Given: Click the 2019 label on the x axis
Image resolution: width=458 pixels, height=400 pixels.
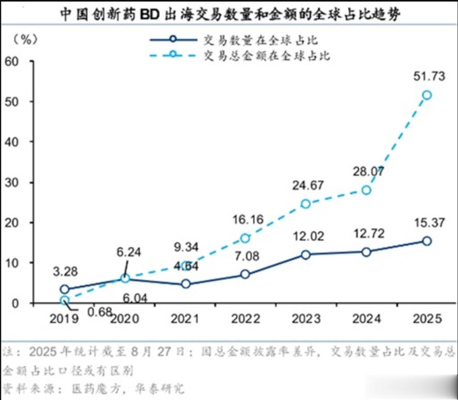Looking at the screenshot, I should [x=64, y=318].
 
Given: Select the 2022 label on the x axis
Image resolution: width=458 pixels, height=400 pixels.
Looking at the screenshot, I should [x=245, y=318].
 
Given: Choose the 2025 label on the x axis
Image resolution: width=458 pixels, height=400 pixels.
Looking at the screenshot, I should [x=426, y=318].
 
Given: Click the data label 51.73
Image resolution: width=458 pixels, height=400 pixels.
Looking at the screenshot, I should [x=426, y=77].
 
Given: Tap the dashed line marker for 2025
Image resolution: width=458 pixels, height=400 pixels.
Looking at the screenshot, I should [x=426, y=95].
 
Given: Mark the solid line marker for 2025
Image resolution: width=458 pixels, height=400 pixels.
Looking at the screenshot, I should [x=426, y=241].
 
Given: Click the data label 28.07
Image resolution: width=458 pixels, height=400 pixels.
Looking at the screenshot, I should [x=366, y=172].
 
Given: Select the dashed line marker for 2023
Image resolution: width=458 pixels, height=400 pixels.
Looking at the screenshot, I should [x=306, y=204].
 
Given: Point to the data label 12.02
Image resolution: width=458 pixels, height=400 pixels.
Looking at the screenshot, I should [x=306, y=236].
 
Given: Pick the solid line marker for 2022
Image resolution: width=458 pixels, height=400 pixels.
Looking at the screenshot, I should [x=245, y=275].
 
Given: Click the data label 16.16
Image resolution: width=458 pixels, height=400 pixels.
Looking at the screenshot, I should [x=245, y=219].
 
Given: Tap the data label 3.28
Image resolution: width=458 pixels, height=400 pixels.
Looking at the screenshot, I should [x=64, y=270].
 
